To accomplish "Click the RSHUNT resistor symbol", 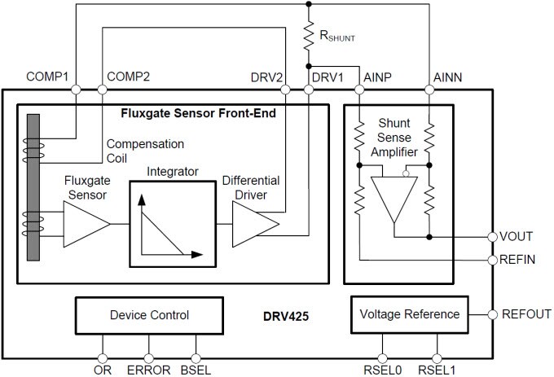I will [309, 37].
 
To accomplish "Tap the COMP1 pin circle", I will [76, 90].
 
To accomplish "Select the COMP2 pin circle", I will [103, 90].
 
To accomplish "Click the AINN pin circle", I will [429, 90].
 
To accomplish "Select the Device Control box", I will [148, 315].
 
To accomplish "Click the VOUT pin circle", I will [492, 237].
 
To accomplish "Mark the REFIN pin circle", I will [492, 260].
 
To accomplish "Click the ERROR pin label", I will [148, 370].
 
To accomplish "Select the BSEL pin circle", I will [195, 357].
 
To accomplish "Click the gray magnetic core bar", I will [33, 187].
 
